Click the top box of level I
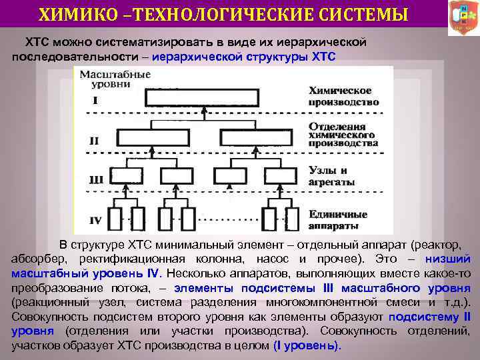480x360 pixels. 188,98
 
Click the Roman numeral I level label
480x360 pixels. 95,101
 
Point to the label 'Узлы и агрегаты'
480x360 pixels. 331,176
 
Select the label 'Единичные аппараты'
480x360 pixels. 338,219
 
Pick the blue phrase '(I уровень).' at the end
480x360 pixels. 307,346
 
